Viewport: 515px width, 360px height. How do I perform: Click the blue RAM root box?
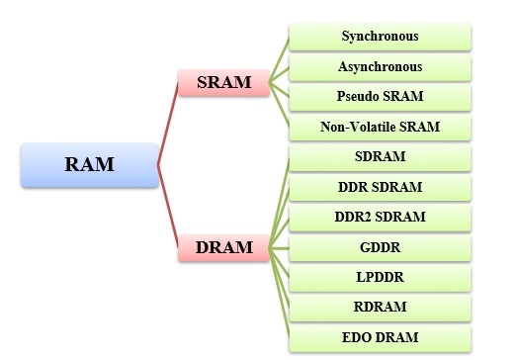click(89, 165)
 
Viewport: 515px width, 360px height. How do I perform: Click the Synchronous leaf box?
click(380, 37)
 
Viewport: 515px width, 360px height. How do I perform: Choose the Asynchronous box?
click(380, 67)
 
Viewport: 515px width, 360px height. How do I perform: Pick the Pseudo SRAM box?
click(380, 97)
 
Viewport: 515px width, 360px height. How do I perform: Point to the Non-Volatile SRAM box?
click(380, 128)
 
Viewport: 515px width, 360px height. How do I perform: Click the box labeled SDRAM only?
click(380, 157)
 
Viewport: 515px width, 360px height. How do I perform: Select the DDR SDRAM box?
click(380, 188)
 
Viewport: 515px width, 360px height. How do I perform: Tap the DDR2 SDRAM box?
click(380, 218)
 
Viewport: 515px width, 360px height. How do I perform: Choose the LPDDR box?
click(380, 278)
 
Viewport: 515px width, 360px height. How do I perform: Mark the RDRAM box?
click(380, 308)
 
